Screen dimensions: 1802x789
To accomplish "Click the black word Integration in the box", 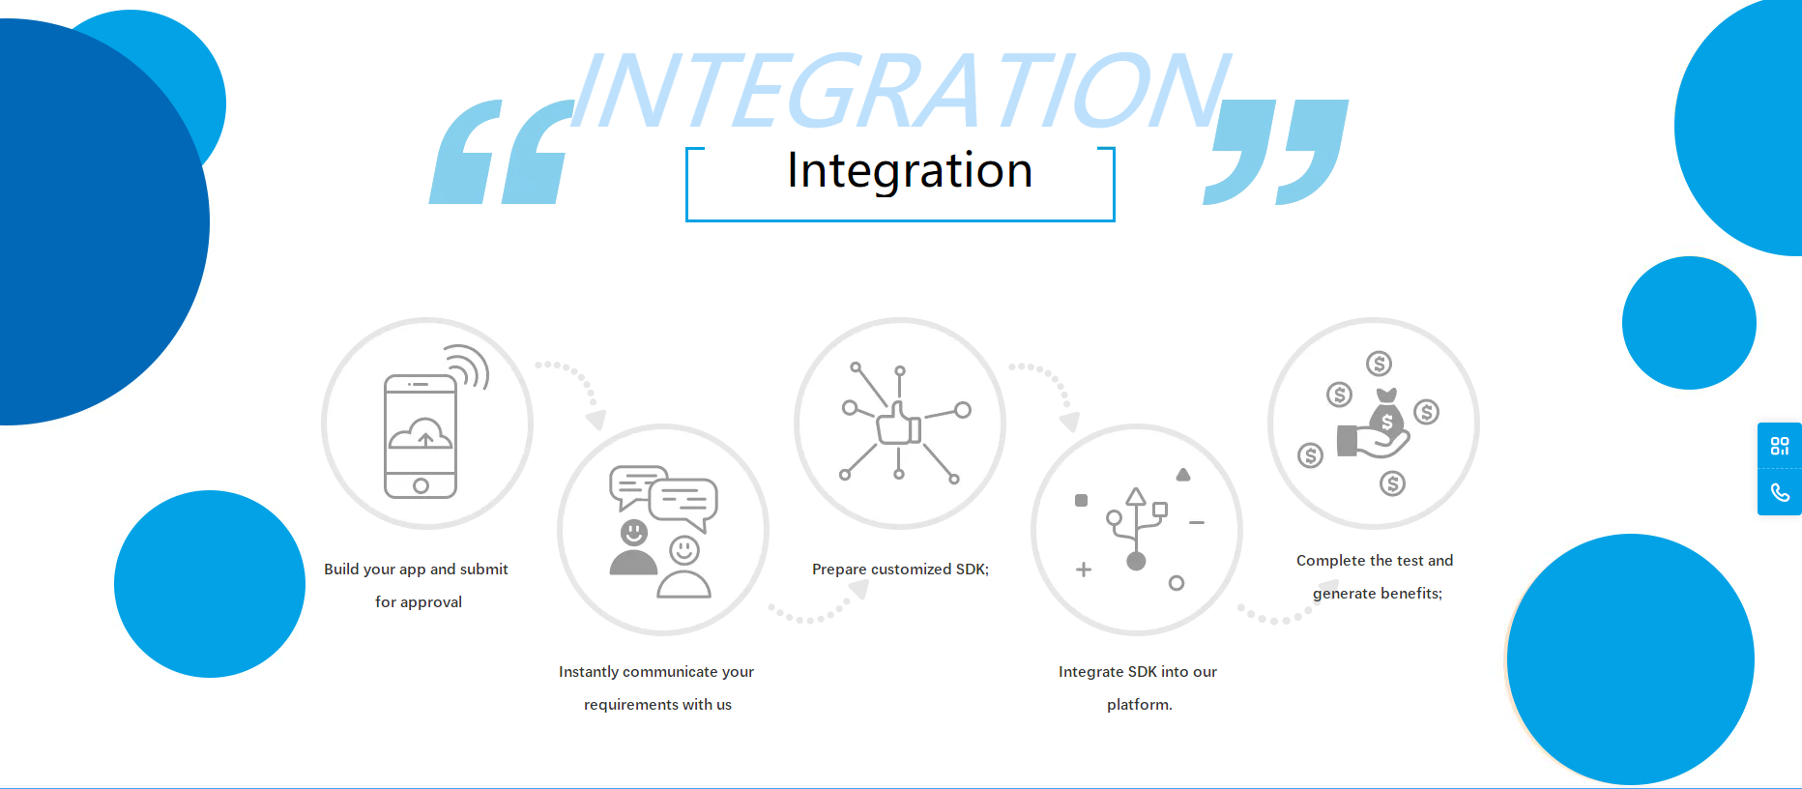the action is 910,171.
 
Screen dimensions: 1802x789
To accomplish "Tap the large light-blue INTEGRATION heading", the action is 901,91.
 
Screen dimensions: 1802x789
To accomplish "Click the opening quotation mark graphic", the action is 501,152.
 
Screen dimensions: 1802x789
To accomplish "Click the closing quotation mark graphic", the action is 1276,152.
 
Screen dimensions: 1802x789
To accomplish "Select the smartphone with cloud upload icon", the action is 421,436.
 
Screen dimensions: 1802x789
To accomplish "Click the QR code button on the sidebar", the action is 1780,446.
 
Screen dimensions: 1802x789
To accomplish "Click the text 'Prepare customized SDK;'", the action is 900,570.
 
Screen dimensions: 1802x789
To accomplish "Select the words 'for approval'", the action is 419,602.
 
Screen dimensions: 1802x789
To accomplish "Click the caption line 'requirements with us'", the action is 657,705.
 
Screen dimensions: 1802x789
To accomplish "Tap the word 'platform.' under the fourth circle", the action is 1139,705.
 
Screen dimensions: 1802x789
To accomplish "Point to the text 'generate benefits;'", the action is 1377,594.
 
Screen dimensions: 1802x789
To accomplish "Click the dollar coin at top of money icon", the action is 1379,364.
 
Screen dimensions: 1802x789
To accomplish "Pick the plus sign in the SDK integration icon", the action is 1084,570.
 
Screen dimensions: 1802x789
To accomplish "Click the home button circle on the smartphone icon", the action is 421,485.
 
